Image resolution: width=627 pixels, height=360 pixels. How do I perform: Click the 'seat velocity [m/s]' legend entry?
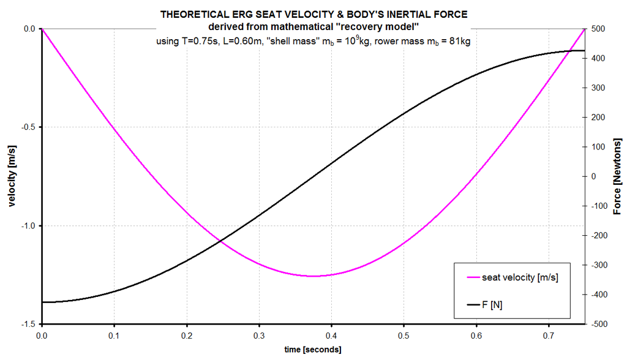520,277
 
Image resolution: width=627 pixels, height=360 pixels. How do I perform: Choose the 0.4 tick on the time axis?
331,336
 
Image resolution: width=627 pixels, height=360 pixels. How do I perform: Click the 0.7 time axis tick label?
548,336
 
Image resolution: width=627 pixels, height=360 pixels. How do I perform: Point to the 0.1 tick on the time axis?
114,336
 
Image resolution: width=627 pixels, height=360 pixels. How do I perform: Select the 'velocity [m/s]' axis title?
12,176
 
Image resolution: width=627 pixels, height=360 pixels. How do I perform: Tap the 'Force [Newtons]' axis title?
617,176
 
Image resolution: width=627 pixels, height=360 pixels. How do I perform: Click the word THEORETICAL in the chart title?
190,15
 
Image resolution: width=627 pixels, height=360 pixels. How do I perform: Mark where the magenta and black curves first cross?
220,241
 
